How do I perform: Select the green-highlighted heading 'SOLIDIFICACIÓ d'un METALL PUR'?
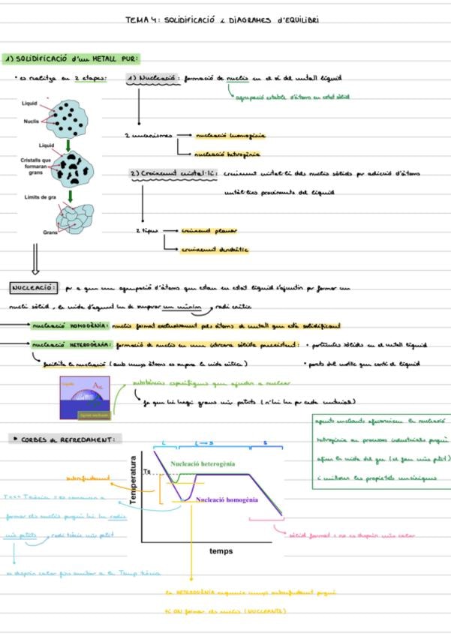coord(72,58)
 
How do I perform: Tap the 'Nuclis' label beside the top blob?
coord(31,120)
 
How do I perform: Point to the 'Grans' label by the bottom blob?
coord(51,232)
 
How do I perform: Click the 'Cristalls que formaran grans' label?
coord(35,166)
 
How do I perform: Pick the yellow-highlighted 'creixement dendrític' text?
coord(215,250)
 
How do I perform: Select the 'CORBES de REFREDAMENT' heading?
coord(67,439)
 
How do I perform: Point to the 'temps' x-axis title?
coord(221,551)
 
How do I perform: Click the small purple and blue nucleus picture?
coord(85,398)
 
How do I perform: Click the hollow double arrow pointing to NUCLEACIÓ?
coord(35,262)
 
